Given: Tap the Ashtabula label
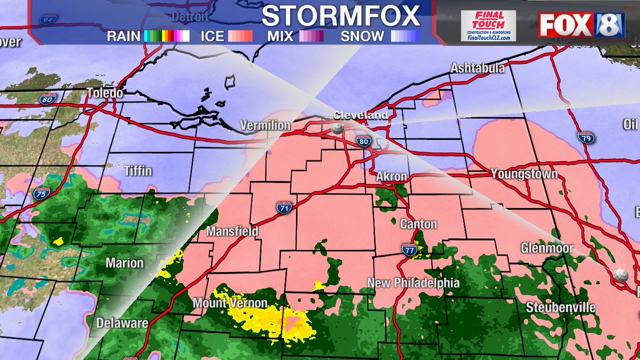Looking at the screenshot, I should [477, 68].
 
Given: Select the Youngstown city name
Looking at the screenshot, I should [524, 174].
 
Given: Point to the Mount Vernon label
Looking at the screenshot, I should [230, 303].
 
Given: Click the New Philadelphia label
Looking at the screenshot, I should [413, 283].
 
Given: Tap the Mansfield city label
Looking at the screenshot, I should [233, 231].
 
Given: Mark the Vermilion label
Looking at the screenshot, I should [265, 125].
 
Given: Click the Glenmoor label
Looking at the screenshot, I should [547, 248].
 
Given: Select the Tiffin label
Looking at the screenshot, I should [138, 171].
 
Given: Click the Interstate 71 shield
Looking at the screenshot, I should [283, 207].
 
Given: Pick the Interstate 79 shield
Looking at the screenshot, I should [584, 137].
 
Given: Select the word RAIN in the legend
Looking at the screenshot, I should [123, 36].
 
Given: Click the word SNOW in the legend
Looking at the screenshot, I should [362, 36].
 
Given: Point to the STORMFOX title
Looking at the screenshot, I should [341, 16].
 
